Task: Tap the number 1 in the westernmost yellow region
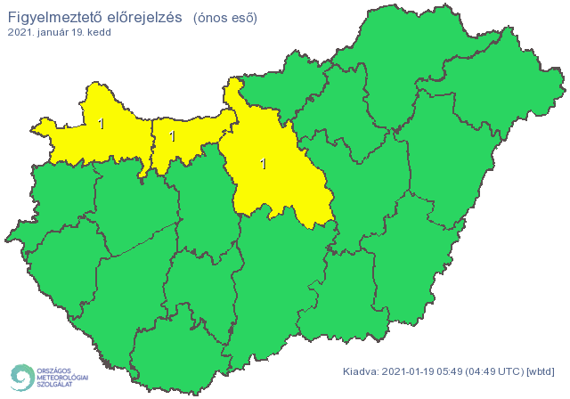(x=102, y=124)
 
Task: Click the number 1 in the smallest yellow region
(x=172, y=136)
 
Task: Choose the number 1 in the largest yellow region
(x=263, y=164)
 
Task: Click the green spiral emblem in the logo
(x=21, y=377)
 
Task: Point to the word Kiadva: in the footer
(x=362, y=371)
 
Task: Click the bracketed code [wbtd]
(x=541, y=371)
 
